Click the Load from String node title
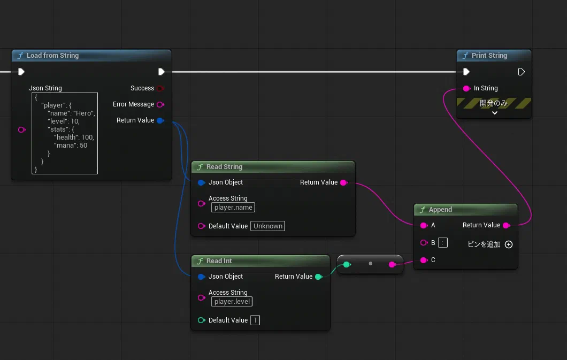click(x=52, y=56)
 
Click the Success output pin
click(x=160, y=88)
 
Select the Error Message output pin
click(x=160, y=104)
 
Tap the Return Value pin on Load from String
click(x=160, y=120)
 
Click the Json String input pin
click(x=22, y=130)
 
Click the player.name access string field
click(x=233, y=208)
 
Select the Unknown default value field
click(x=267, y=226)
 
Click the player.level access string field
click(x=232, y=302)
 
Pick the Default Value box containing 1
click(x=255, y=320)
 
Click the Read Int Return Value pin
click(x=319, y=277)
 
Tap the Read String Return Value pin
click(x=344, y=182)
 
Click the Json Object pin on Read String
click(x=202, y=182)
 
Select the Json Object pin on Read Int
click(x=202, y=277)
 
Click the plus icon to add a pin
click(x=508, y=244)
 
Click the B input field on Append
click(x=442, y=243)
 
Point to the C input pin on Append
click(x=424, y=261)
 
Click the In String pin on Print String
click(x=466, y=89)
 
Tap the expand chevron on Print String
click(x=495, y=113)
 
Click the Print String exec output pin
click(x=521, y=72)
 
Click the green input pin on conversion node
click(x=347, y=265)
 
